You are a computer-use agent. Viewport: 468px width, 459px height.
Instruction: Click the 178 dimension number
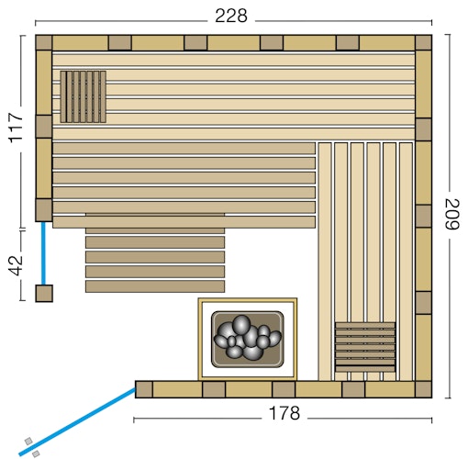284,413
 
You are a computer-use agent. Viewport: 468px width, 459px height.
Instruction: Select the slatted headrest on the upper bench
83,96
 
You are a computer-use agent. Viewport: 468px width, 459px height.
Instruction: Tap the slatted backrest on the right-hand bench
365,345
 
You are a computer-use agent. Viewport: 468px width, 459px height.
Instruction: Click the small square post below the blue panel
44,293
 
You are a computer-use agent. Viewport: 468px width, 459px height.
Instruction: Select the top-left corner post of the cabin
43,42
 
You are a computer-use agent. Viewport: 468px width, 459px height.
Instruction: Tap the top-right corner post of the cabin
423,42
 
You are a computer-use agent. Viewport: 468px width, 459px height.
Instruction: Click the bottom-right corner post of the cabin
423,390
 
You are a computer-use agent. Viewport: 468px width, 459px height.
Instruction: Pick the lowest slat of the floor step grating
155,286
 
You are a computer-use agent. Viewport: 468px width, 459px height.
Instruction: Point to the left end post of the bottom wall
143,389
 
